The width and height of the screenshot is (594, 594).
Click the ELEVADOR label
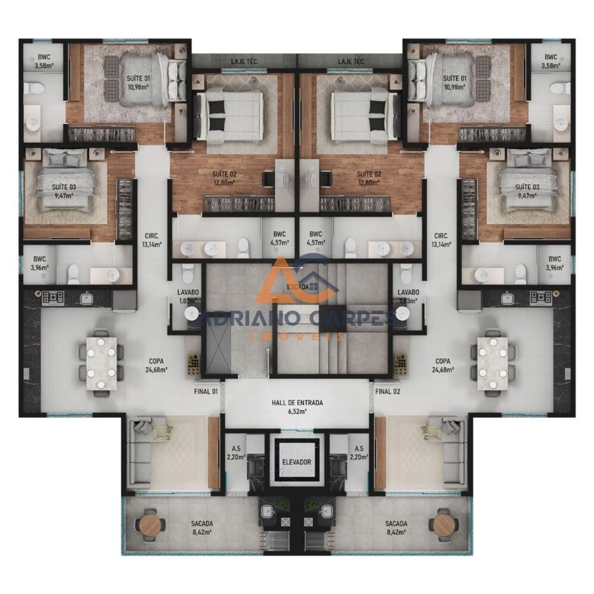coord(297,462)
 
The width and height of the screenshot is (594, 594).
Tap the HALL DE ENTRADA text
coord(297,406)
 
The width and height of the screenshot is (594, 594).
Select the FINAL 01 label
coord(207,391)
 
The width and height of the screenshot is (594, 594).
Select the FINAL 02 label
coord(387,391)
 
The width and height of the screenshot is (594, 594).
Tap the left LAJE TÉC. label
coord(244,61)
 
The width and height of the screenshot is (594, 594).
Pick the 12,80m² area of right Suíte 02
coord(369,182)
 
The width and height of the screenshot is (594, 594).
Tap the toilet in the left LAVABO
coord(188,274)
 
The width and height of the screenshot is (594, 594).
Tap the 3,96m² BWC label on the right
coord(555,263)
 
